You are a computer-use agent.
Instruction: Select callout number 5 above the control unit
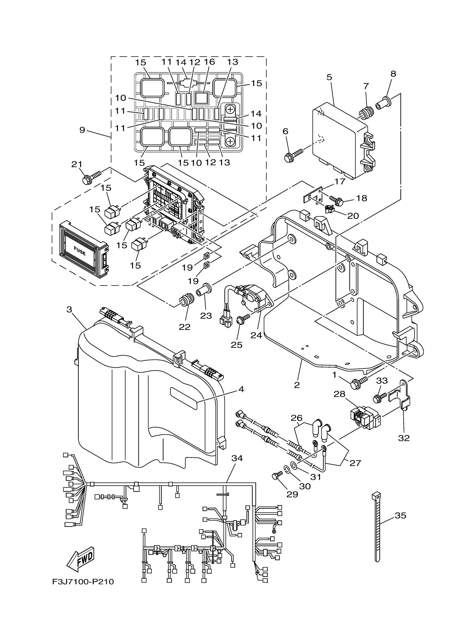329,77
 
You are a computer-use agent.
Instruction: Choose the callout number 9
82,130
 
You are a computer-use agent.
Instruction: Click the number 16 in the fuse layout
210,62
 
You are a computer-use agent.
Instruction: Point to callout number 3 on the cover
69,309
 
